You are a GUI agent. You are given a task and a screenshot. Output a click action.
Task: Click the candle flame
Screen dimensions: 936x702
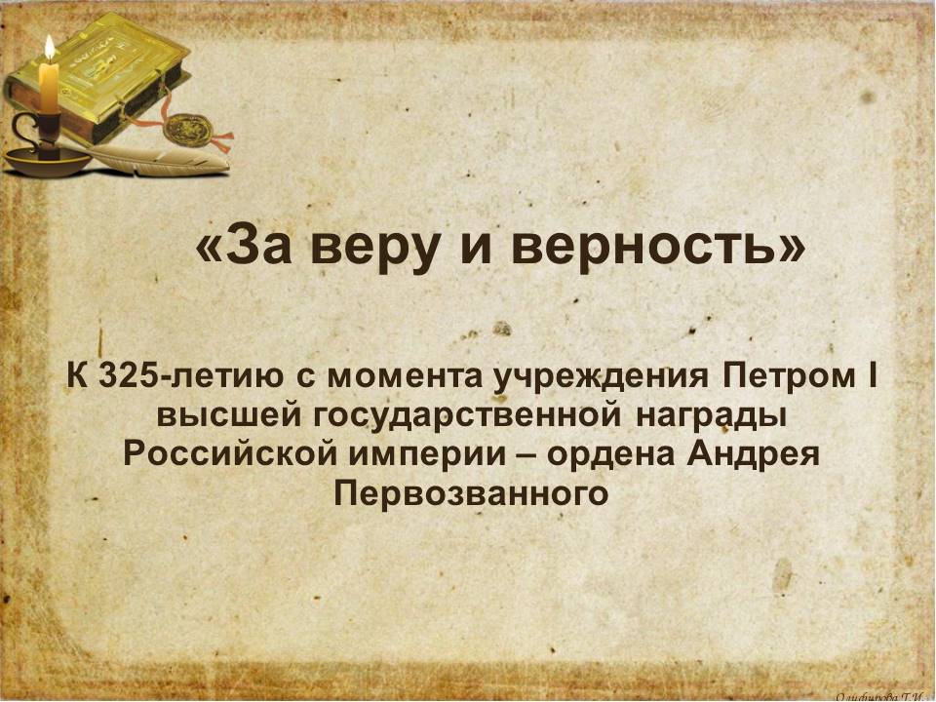tap(50, 48)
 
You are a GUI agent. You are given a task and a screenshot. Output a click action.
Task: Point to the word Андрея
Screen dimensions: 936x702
tap(754, 455)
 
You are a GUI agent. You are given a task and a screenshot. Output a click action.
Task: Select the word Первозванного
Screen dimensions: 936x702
tap(471, 494)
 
